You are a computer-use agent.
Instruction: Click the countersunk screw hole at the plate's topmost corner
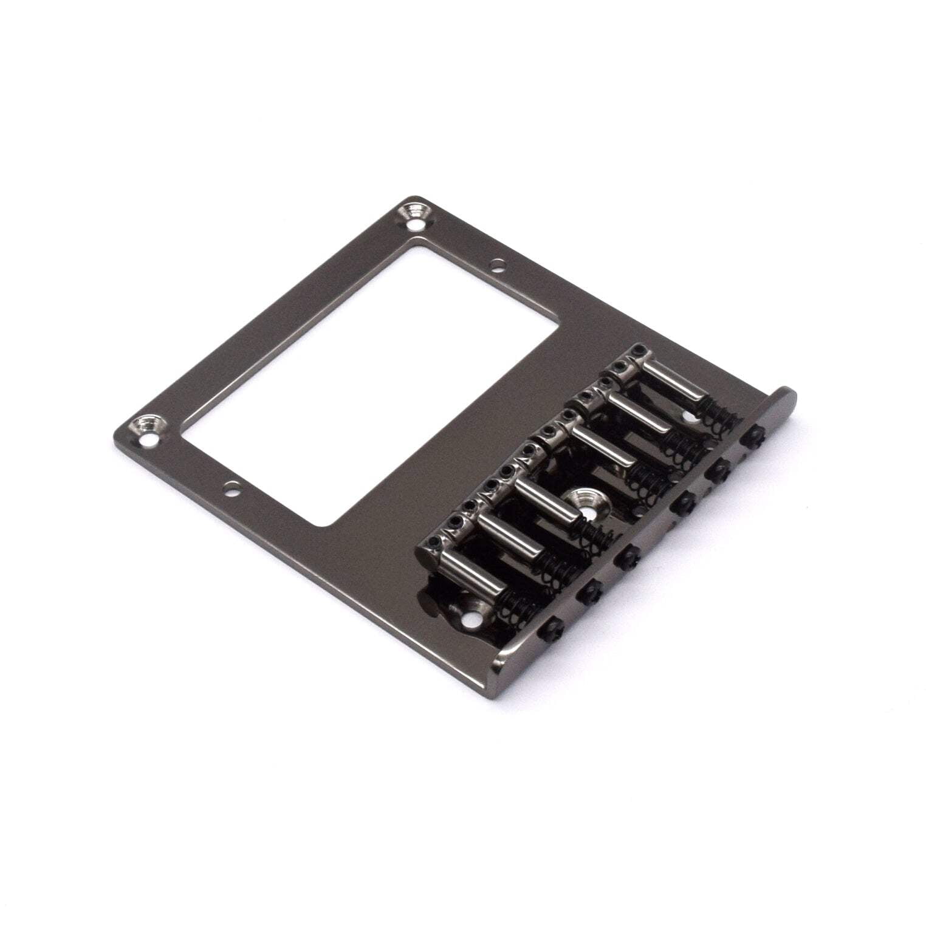416,214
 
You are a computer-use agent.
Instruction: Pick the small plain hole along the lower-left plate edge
231,487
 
